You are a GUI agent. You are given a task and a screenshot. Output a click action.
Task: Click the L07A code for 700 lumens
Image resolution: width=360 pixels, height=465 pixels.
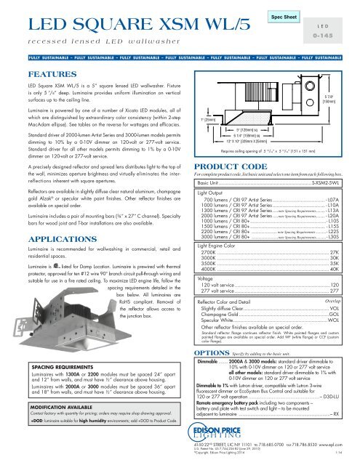pos(332,219)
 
